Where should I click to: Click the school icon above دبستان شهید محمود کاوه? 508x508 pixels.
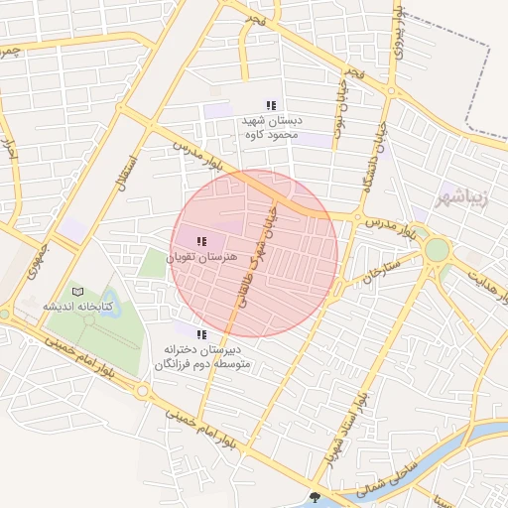click(x=271, y=105)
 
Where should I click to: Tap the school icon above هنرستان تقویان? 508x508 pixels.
click(x=202, y=241)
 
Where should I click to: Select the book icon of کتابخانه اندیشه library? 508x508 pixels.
click(x=77, y=292)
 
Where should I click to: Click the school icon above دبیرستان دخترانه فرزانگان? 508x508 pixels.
click(x=202, y=334)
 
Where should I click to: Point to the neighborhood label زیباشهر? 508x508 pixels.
click(x=462, y=195)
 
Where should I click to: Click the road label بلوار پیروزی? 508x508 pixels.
click(x=399, y=30)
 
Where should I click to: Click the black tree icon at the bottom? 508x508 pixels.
click(x=316, y=498)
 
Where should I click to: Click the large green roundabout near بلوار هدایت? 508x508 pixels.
click(x=437, y=248)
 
